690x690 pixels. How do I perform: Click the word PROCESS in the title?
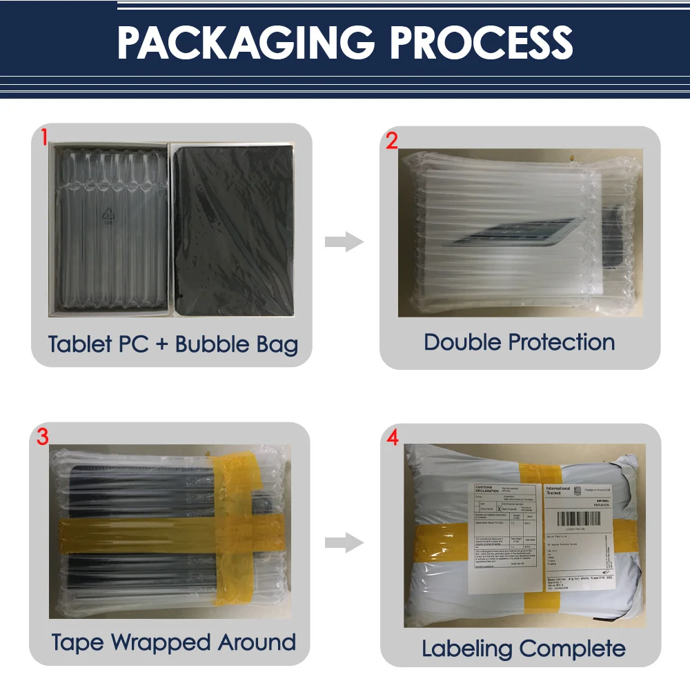coord(482,43)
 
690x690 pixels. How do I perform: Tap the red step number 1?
coord(43,137)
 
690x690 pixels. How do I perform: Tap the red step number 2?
coord(392,141)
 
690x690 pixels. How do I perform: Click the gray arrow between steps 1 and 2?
coord(344,242)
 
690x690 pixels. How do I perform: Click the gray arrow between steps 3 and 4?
coord(344,543)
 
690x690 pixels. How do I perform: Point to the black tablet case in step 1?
coord(233,231)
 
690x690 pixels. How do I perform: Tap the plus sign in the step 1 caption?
coord(161,344)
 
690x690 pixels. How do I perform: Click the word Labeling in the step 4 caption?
coord(467,649)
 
